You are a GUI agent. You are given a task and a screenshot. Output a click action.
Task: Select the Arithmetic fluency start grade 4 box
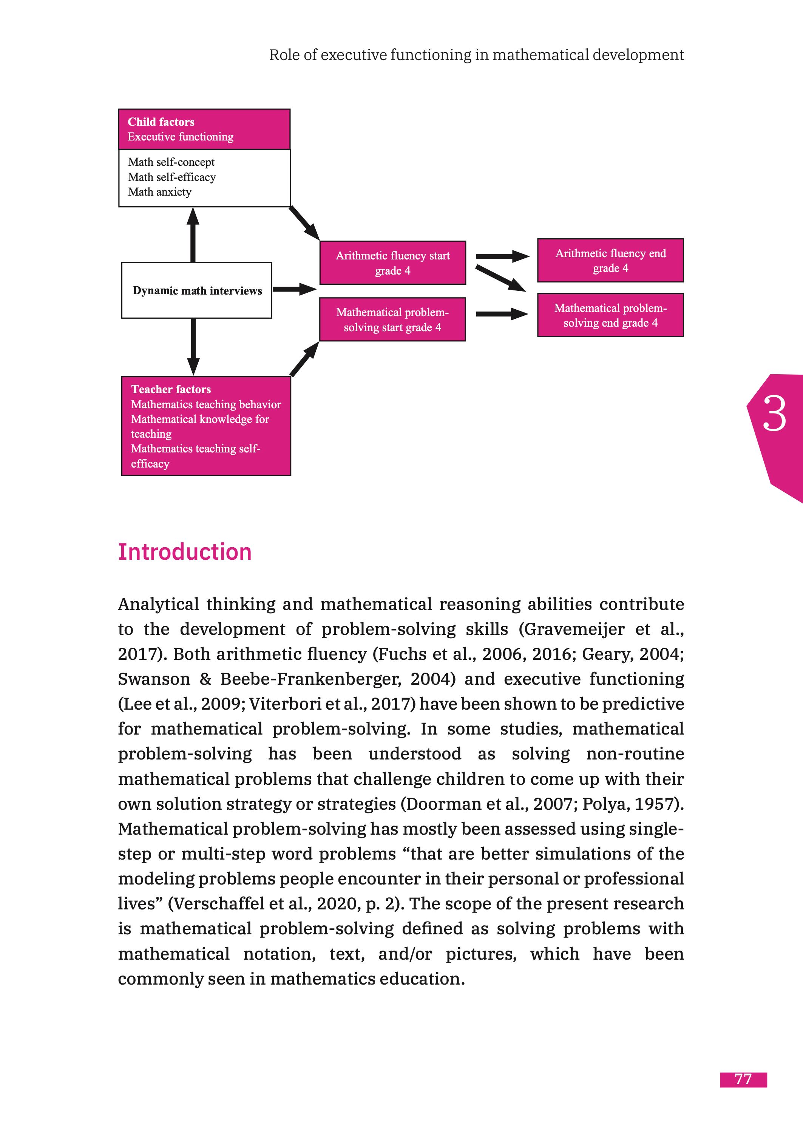coord(392,262)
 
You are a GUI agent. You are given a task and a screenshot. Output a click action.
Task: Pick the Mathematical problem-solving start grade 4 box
coord(392,320)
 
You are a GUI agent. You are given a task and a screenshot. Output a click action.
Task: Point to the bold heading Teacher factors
coord(171,389)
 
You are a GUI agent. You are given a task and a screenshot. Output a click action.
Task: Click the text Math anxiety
coord(159,192)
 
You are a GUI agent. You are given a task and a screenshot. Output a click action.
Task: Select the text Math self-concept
coord(171,162)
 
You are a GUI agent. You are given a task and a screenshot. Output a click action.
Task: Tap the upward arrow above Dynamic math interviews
coord(193,235)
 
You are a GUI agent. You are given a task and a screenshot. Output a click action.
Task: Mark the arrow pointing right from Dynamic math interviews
coord(294,289)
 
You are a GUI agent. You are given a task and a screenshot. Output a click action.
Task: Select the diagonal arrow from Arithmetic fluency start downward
coord(500,279)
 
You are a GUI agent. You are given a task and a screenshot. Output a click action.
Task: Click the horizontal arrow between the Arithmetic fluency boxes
coord(502,256)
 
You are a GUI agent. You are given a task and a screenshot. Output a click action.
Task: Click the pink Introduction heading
coord(184,552)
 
